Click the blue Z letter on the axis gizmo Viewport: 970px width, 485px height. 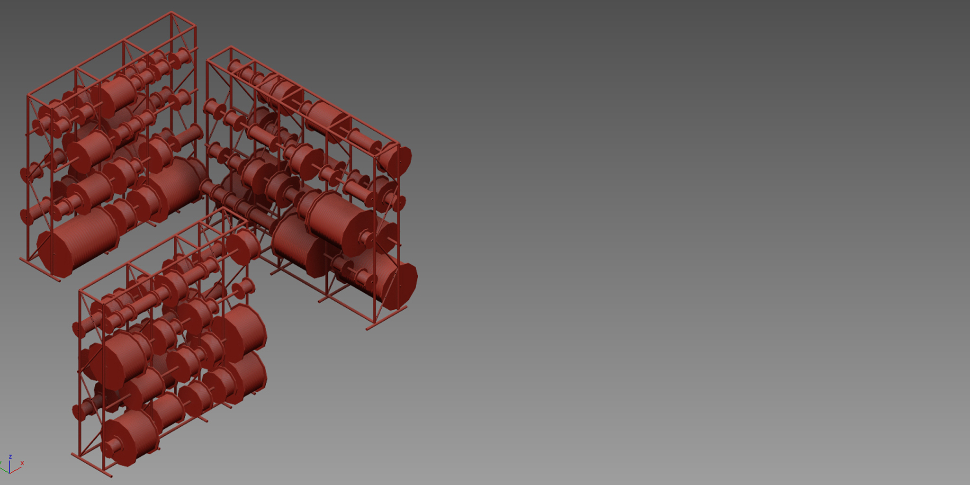10,457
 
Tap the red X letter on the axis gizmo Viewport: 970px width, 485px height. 22,463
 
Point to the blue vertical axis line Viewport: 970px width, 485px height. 9,466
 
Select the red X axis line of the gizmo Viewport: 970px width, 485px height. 16,470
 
